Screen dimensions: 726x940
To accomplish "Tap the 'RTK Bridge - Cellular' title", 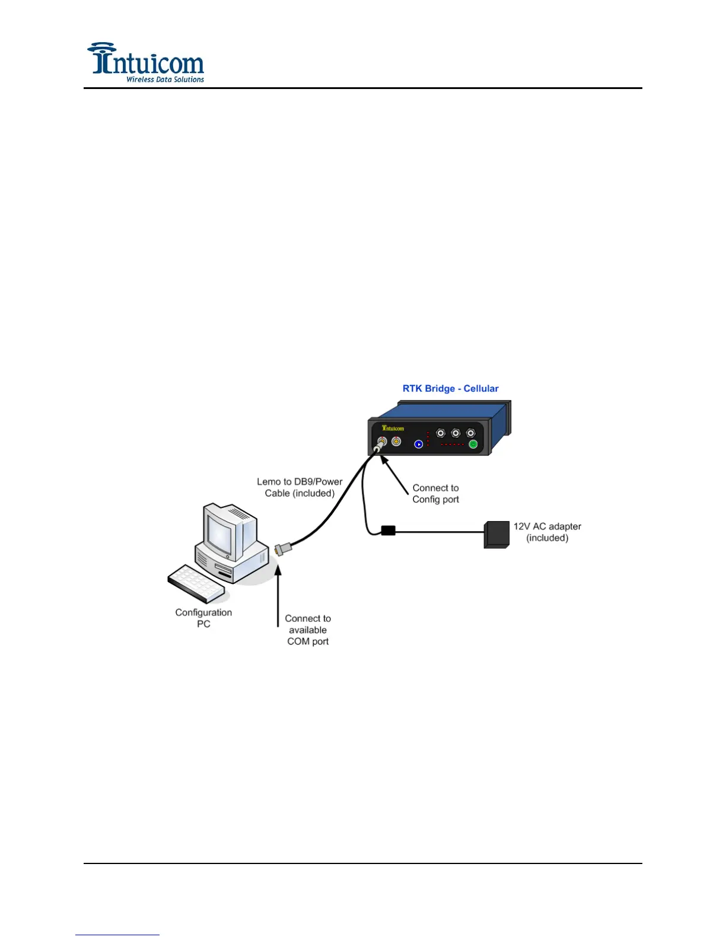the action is click(450, 389).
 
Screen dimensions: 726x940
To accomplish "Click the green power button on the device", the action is click(473, 444).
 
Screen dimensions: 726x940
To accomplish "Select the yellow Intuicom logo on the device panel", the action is click(393, 428).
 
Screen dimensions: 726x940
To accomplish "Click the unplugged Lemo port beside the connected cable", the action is click(396, 442).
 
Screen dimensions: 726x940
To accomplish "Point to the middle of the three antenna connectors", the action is click(456, 433).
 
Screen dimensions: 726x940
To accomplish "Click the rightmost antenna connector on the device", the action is click(470, 433).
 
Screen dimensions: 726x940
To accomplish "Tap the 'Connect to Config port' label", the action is click(435, 494).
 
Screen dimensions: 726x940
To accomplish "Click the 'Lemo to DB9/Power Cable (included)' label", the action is click(300, 487).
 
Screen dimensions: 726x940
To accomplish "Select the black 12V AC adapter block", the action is click(496, 534).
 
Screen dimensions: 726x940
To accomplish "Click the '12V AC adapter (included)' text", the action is click(547, 532).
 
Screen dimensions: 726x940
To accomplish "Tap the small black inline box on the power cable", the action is click(388, 531).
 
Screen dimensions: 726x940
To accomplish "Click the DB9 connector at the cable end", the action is click(282, 549).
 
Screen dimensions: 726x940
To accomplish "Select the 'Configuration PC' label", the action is click(203, 618).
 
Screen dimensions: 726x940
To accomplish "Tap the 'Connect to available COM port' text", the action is click(308, 630).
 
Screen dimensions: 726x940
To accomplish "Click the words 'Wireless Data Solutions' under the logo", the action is click(165, 80).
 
